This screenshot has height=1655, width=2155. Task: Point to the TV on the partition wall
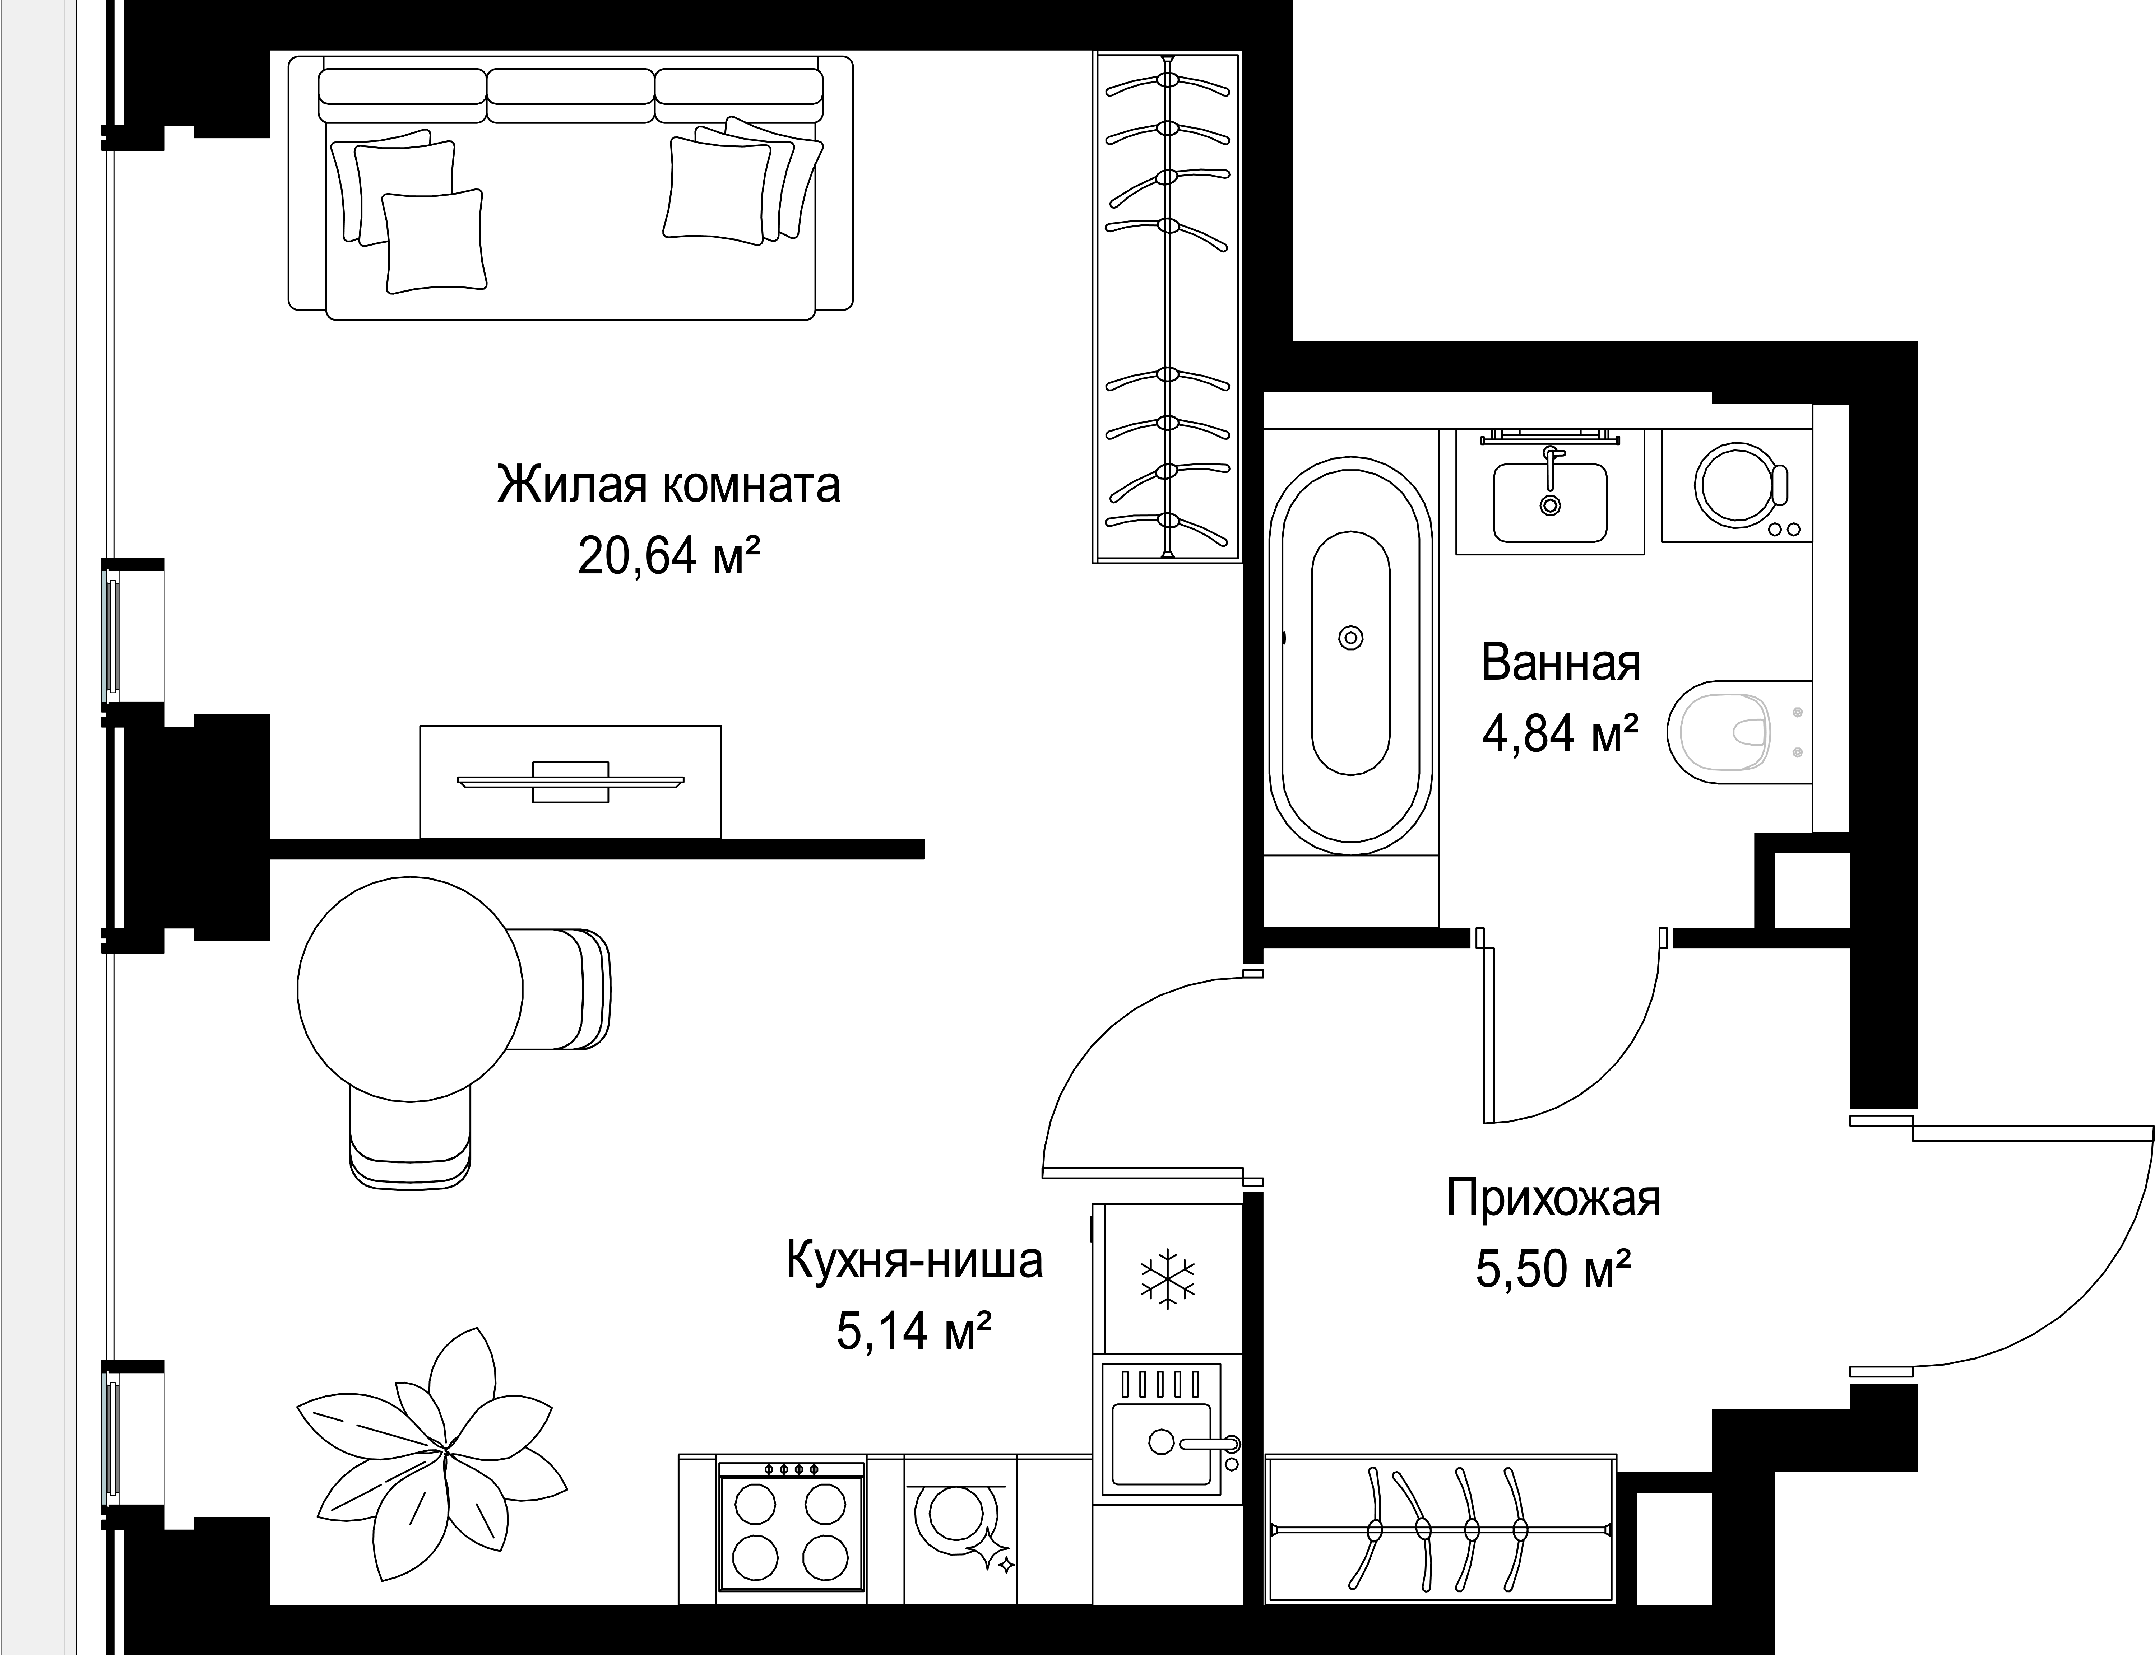click(x=570, y=782)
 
